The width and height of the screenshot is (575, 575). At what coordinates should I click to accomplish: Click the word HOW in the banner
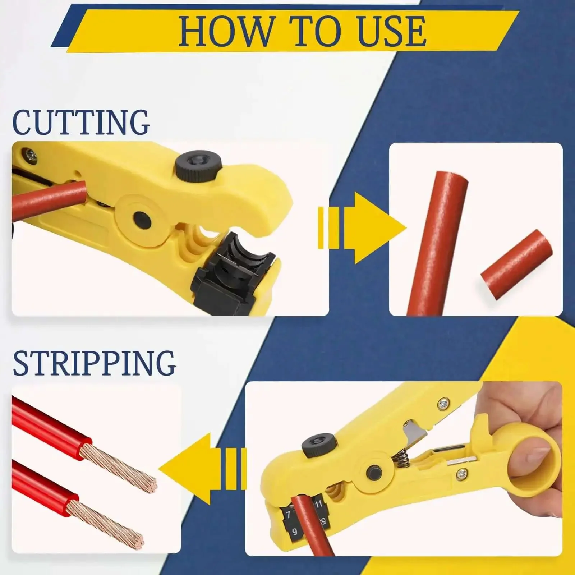point(225,32)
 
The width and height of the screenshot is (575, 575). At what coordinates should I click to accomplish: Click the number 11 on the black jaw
point(318,504)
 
